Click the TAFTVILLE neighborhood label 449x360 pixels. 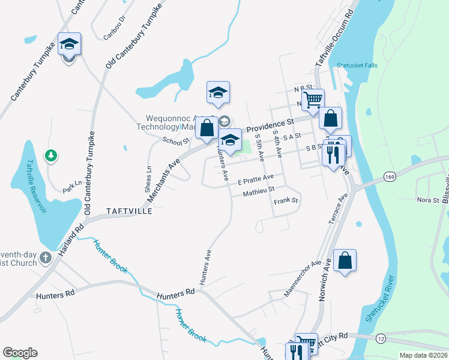(x=128, y=212)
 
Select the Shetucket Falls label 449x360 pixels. (x=357, y=65)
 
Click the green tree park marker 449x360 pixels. (x=52, y=156)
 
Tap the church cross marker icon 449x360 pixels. (x=45, y=259)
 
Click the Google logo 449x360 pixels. (x=20, y=353)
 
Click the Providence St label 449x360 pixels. (x=268, y=127)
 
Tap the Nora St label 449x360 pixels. (x=427, y=199)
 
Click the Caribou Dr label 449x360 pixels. (x=114, y=32)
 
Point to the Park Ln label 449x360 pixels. (x=72, y=186)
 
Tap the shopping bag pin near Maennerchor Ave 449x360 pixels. (x=345, y=260)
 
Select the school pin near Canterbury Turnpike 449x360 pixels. (x=69, y=44)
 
